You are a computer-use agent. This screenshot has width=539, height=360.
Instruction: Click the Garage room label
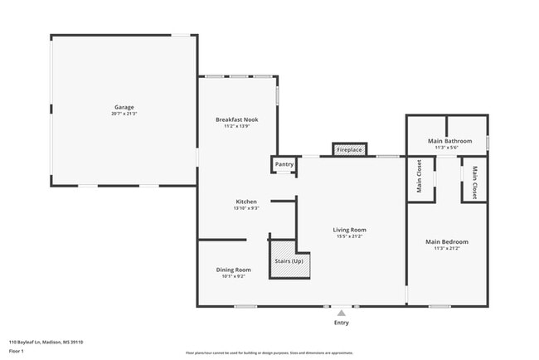pos(124,107)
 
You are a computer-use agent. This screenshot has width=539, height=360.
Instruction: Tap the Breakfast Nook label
pos(236,119)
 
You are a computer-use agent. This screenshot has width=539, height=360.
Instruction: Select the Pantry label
pos(284,164)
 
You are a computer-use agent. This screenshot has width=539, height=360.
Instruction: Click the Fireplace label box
pos(350,149)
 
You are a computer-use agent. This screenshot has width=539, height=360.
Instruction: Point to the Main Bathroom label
pos(447,141)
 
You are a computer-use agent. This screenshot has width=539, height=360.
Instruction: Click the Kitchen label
pos(246,202)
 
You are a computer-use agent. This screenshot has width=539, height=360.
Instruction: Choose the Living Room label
pos(352,230)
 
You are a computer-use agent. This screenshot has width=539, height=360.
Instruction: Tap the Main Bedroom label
pos(447,241)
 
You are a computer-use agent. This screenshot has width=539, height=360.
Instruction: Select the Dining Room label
pos(234,270)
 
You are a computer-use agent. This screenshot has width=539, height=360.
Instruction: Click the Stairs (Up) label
pos(289,261)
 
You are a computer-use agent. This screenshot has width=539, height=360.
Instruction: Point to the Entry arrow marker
pos(341,313)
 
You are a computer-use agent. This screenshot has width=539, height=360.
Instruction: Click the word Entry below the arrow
pos(341,322)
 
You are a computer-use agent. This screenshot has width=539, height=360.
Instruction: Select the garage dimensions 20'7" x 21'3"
pos(124,114)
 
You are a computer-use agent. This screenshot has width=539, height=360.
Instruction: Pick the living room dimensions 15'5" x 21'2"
pos(352,236)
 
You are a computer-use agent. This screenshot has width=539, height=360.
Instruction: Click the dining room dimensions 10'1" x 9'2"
pos(234,276)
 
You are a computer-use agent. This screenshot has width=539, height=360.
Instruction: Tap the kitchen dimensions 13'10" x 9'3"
pos(246,208)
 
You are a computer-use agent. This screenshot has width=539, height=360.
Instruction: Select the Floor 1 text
pos(17,351)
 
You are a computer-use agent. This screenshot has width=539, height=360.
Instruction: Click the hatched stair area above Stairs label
pos(284,249)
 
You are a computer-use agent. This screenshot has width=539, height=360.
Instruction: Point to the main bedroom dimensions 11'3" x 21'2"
pos(447,248)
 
